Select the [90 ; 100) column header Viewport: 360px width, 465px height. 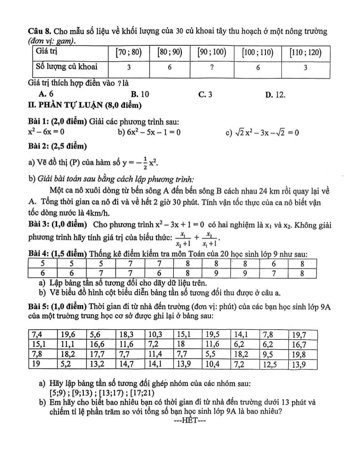(x=212, y=52)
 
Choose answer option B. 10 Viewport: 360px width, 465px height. (x=140, y=94)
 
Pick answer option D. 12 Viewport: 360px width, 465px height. (x=275, y=94)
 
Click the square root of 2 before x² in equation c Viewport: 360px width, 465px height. (x=240, y=132)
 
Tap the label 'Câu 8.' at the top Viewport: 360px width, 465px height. (x=39, y=32)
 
